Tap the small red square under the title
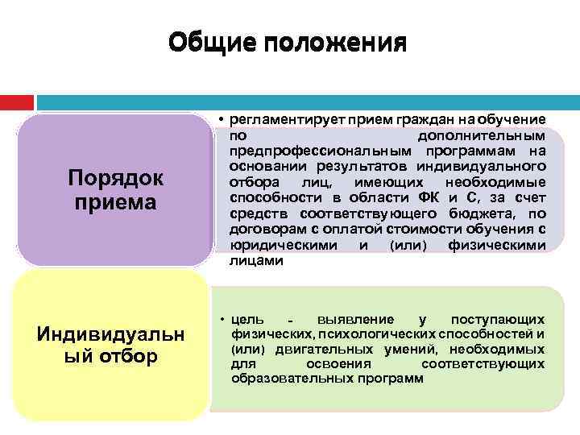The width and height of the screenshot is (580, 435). pyautogui.click(x=17, y=103)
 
